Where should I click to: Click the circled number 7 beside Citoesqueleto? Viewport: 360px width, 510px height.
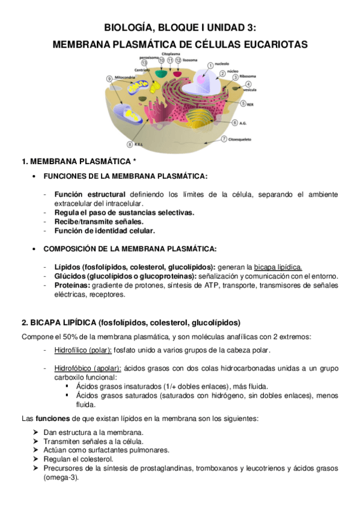click(224, 139)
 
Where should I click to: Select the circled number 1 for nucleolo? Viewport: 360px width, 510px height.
click(210, 65)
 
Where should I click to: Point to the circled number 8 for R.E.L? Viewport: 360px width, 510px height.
click(129, 144)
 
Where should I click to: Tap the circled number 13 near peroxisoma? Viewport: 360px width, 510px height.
click(144, 62)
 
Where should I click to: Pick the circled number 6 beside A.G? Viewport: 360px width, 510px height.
click(234, 123)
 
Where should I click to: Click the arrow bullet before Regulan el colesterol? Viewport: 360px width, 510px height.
click(37, 459)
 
